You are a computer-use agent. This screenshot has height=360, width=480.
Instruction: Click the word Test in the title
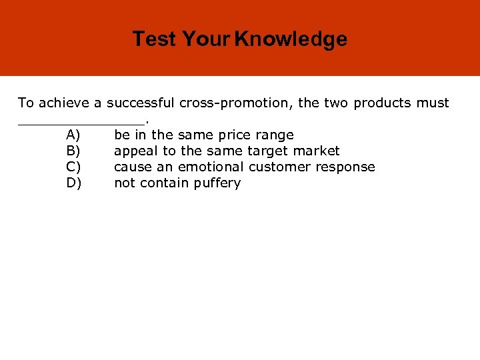tap(155, 39)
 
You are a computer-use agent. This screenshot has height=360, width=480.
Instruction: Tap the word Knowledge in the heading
tap(291, 39)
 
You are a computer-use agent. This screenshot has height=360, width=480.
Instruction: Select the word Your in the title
tap(206, 39)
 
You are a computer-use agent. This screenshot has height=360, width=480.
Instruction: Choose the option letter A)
tap(74, 135)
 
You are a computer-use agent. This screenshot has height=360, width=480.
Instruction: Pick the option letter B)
tap(74, 151)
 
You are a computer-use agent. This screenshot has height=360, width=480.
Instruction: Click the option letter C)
tap(74, 167)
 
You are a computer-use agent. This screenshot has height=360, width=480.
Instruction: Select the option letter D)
tap(74, 183)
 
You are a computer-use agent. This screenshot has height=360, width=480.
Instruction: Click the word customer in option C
tap(279, 167)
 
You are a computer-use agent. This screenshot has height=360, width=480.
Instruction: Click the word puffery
tap(217, 183)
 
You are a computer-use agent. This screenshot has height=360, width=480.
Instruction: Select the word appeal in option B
tap(134, 151)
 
